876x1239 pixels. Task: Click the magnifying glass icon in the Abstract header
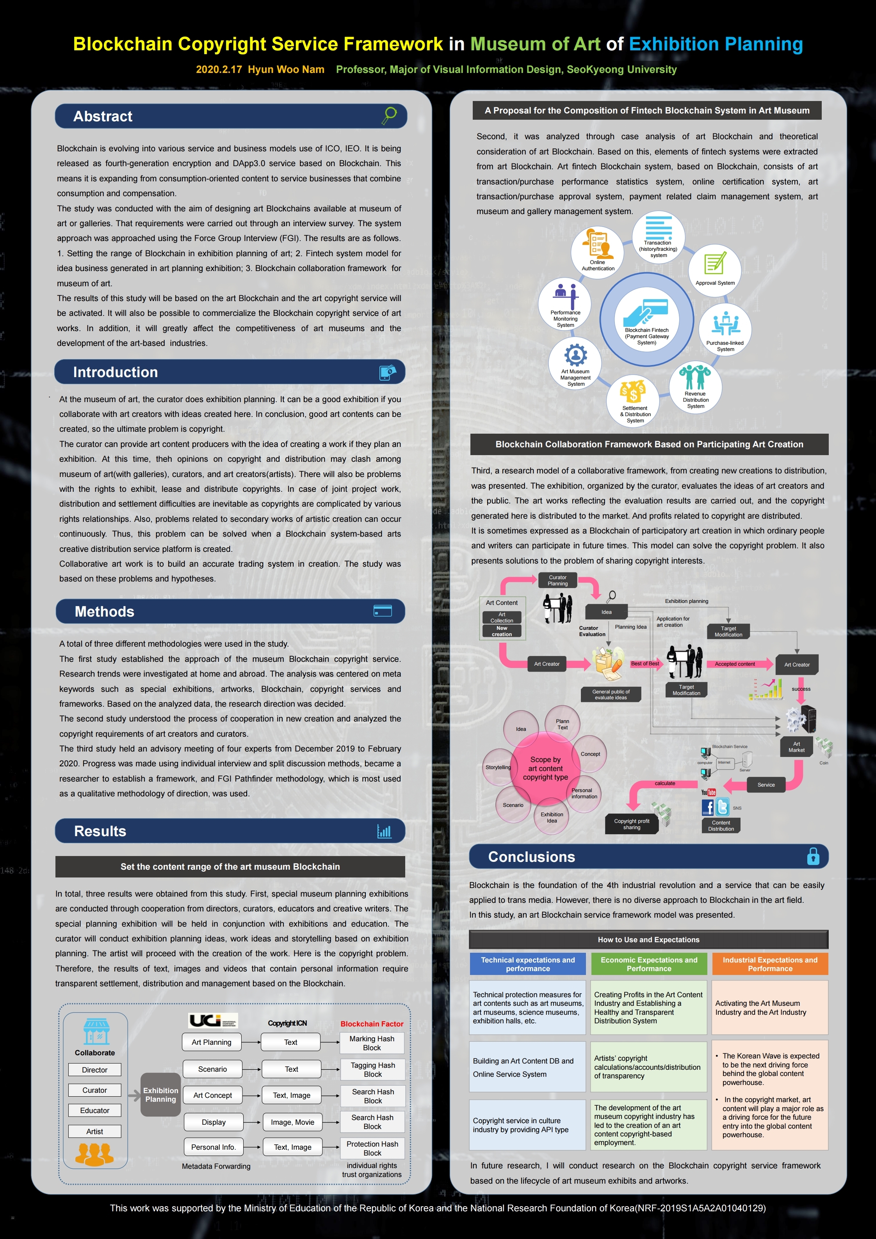click(389, 115)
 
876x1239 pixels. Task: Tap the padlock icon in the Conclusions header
click(813, 856)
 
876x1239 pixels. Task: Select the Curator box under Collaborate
click(94, 1090)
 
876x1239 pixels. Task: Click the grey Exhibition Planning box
click(160, 1094)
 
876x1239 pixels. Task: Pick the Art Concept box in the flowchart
click(213, 1095)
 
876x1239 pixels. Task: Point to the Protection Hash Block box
click(372, 1149)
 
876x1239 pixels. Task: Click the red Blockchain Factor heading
click(372, 1024)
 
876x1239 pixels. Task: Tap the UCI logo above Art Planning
click(213, 1021)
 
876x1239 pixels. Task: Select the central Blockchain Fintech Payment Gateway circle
click(646, 320)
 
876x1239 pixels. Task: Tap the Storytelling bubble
click(499, 767)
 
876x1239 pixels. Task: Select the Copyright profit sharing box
click(631, 824)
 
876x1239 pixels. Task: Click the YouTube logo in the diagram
click(708, 792)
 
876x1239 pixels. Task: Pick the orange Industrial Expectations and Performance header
click(769, 964)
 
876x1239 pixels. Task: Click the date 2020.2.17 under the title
click(219, 69)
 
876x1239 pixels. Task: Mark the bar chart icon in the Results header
click(384, 831)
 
